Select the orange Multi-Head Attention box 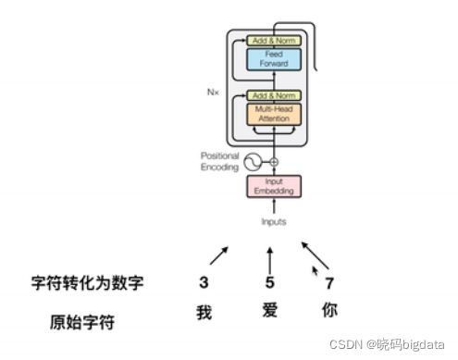(273, 116)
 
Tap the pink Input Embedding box (273, 186)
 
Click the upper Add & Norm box (273, 41)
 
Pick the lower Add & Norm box (273, 95)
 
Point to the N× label (213, 92)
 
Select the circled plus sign (274, 162)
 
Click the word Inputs (273, 222)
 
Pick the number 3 (204, 281)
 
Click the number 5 (270, 282)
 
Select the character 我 (204, 313)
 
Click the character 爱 (270, 314)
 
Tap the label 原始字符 (87, 323)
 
